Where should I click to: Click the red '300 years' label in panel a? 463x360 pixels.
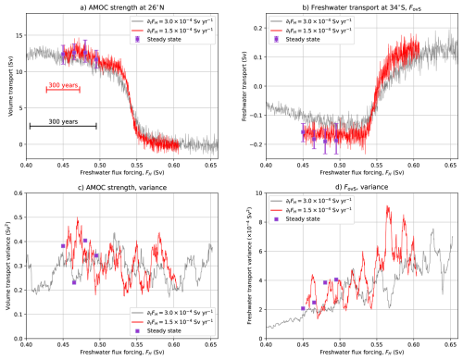pos(64,83)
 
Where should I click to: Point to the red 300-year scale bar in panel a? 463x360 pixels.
pos(64,90)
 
